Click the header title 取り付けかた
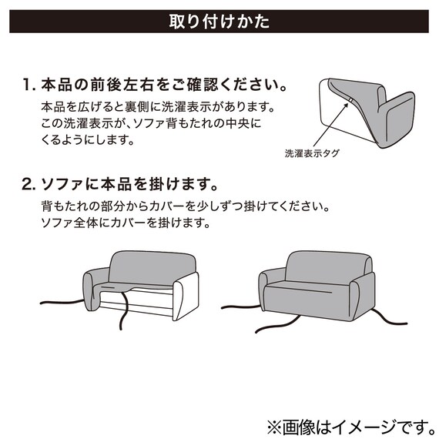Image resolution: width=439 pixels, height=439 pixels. (219, 21)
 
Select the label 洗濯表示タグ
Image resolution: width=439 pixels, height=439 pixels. (312, 153)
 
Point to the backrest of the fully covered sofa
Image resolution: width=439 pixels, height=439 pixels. (316, 266)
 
